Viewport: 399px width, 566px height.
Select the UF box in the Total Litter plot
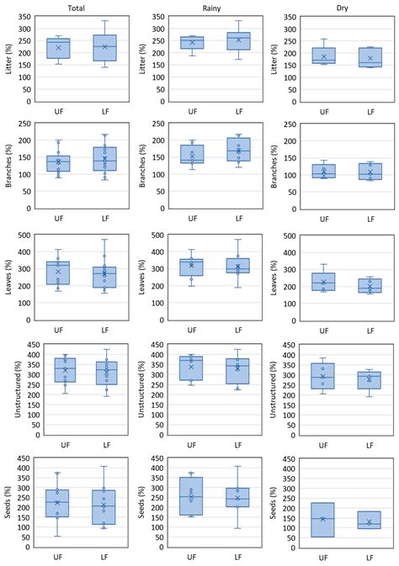tap(57, 49)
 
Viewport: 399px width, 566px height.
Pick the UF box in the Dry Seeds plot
tap(322, 519)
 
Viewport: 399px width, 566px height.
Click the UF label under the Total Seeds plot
tap(57, 558)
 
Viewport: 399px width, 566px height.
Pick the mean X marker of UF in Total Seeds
tap(57, 502)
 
